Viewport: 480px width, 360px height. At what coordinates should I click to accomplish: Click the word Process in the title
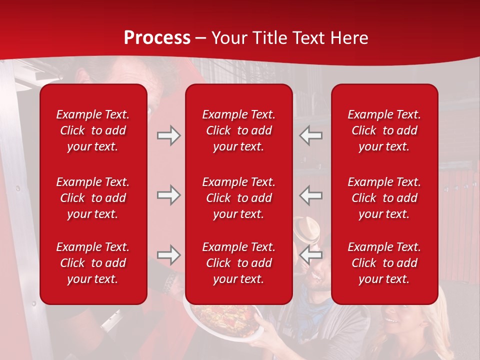157,38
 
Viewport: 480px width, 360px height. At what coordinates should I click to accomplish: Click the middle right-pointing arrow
168,195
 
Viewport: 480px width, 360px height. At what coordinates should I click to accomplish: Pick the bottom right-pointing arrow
168,255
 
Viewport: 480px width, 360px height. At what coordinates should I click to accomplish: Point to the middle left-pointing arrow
310,195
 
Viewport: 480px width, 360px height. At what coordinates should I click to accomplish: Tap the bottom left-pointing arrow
310,255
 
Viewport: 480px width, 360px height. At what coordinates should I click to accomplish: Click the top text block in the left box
93,130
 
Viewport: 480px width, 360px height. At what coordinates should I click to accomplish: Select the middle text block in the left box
93,198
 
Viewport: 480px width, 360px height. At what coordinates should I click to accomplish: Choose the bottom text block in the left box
93,263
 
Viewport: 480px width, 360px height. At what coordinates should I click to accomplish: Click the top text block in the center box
238,130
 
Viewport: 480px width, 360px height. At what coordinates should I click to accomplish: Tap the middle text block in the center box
238,198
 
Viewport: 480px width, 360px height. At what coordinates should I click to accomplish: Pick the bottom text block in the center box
238,263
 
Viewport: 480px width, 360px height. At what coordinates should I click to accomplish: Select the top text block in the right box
384,130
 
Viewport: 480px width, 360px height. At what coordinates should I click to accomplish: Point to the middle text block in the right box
384,198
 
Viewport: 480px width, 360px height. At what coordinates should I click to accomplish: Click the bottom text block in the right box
384,263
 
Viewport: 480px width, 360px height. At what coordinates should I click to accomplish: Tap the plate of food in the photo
220,318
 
